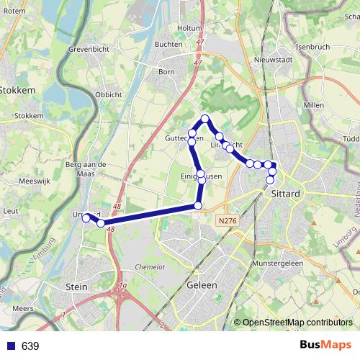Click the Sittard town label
coord(286,194)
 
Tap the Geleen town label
coord(202,285)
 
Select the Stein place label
coord(76,287)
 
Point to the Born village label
coord(166,72)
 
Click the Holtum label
coord(189,28)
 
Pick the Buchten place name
coord(168,44)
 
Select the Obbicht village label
coord(108,94)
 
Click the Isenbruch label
coord(312,47)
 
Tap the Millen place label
coord(314,105)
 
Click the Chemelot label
coord(150,267)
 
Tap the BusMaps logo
coord(325,346)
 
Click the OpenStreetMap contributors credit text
coord(297,323)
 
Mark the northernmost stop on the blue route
coord(205,118)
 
